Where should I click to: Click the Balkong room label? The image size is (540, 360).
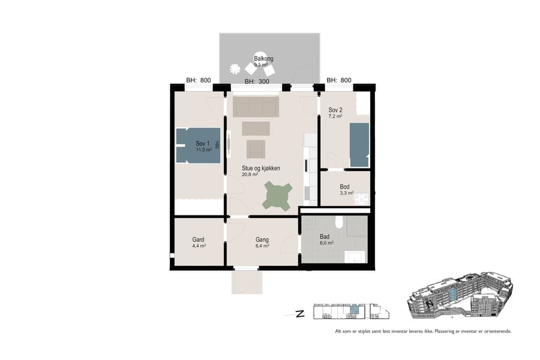tap(263, 58)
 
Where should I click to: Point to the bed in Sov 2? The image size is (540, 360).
tap(359, 144)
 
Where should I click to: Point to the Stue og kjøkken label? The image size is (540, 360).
tap(261, 168)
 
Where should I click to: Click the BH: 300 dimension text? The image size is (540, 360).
tap(257, 81)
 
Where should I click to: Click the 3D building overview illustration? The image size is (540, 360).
tap(460, 296)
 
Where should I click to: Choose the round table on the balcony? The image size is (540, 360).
tap(260, 57)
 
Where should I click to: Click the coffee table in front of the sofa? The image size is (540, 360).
tap(256, 128)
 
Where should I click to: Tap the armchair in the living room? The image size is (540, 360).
tap(256, 149)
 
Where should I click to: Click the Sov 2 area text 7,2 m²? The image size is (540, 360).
tap(335, 116)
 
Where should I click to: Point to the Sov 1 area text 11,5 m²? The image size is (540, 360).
tap(203, 149)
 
